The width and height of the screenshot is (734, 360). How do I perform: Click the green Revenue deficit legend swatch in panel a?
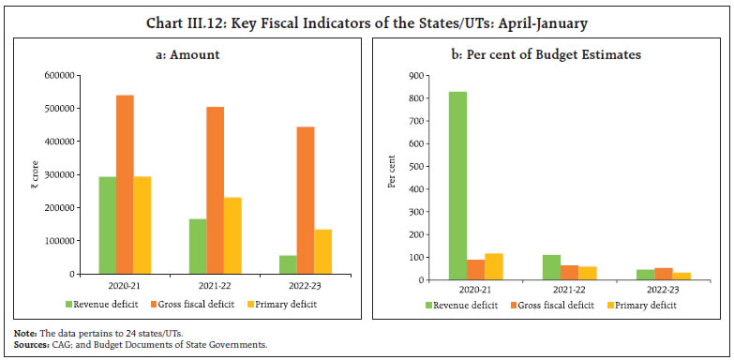[x=69, y=305]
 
